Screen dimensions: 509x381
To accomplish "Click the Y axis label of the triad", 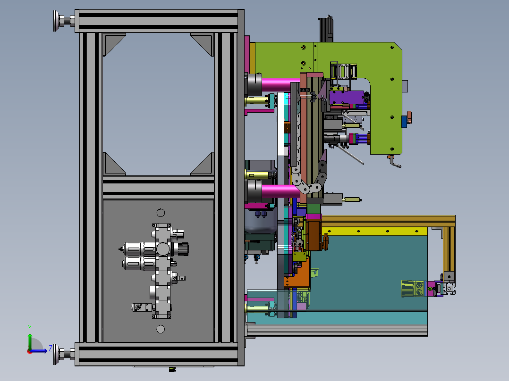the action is [x=30, y=328].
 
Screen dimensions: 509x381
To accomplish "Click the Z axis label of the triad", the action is [x=51, y=348].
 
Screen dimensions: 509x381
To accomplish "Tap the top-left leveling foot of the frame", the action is [x=64, y=21].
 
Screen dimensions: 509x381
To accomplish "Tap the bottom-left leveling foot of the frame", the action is [x=64, y=354].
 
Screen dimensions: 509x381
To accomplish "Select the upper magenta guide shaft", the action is [x=280, y=84].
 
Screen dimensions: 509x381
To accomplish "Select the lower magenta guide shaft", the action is [x=280, y=191].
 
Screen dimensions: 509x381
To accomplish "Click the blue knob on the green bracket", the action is [x=404, y=122].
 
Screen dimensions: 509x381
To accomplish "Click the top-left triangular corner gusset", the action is [x=114, y=44].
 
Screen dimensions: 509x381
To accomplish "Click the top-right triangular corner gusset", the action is [x=202, y=44].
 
